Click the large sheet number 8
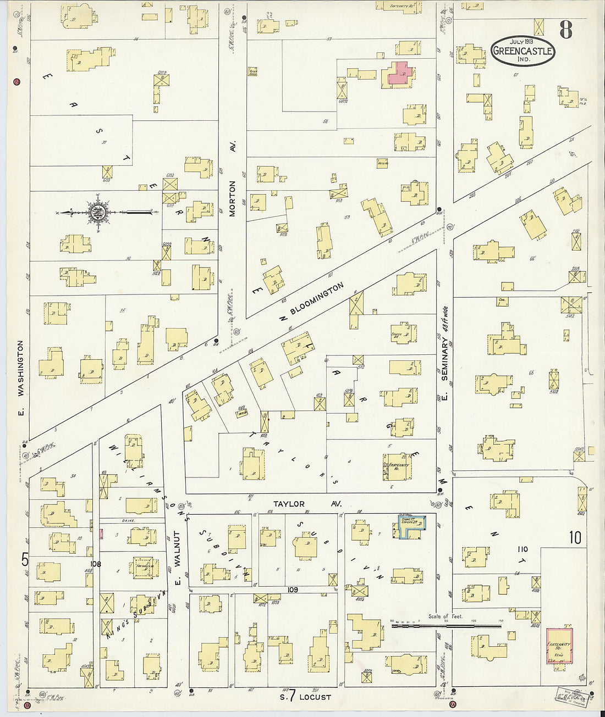click(566, 29)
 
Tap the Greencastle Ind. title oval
click(522, 51)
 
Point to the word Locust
click(315, 697)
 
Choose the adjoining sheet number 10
click(575, 537)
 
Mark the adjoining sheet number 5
click(25, 560)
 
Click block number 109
click(292, 590)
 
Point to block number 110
click(522, 549)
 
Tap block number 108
click(96, 563)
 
